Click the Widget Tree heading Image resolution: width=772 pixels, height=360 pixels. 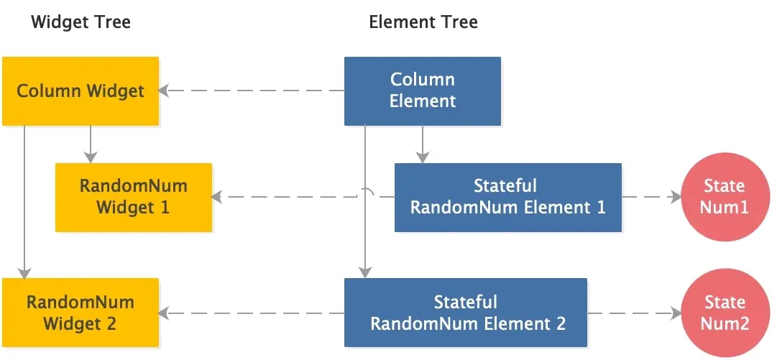[81, 22]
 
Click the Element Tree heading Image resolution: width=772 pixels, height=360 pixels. [423, 22]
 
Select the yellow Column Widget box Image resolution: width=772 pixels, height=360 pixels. [80, 91]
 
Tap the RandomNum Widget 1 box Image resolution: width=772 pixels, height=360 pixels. [134, 197]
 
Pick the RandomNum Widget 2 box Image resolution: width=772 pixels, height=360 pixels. [80, 313]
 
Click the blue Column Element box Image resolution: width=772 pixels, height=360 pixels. [423, 91]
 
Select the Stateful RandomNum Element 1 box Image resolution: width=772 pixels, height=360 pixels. [507, 197]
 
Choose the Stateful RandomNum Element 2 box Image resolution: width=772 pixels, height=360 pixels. [466, 313]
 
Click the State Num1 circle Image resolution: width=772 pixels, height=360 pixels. [724, 197]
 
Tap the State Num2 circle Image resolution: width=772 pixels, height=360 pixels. [724, 313]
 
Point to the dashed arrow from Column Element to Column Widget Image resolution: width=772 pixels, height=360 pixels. [252, 91]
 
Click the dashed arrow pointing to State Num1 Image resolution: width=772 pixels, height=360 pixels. [651, 197]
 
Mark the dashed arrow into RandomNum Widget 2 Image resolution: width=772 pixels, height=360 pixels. [252, 313]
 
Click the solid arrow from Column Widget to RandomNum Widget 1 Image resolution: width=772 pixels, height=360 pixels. [90, 144]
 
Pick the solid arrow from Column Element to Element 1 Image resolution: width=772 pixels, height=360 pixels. [423, 144]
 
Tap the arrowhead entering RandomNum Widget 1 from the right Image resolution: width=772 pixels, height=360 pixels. [216, 197]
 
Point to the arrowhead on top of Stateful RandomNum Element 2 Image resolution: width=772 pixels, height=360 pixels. [366, 273]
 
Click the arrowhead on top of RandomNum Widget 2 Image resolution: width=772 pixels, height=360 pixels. [25, 273]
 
